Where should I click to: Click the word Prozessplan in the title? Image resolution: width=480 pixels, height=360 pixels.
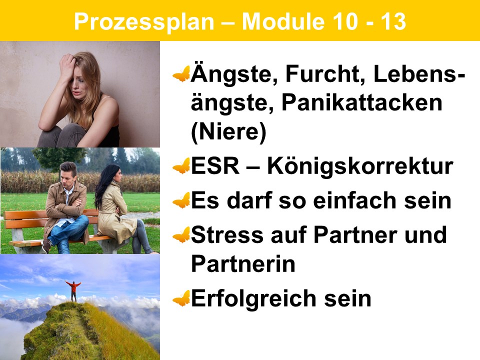(144, 22)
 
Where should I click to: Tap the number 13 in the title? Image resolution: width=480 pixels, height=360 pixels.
(393, 21)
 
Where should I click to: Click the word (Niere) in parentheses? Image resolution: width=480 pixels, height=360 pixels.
(228, 131)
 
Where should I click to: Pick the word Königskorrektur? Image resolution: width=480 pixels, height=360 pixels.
(359, 166)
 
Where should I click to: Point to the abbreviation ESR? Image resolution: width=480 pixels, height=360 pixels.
(215, 166)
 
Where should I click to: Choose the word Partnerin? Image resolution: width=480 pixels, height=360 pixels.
(243, 264)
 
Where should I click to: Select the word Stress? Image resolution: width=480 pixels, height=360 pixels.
(227, 235)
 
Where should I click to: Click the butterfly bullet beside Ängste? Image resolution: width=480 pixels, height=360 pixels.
(181, 74)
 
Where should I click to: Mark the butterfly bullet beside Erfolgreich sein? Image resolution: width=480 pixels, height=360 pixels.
(181, 298)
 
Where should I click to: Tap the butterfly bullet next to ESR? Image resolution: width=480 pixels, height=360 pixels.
(181, 166)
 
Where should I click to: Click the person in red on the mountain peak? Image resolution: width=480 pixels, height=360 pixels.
(73, 291)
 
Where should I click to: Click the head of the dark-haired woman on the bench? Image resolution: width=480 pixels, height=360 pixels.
(113, 174)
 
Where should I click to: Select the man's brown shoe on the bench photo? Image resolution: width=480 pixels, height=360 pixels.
(46, 246)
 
